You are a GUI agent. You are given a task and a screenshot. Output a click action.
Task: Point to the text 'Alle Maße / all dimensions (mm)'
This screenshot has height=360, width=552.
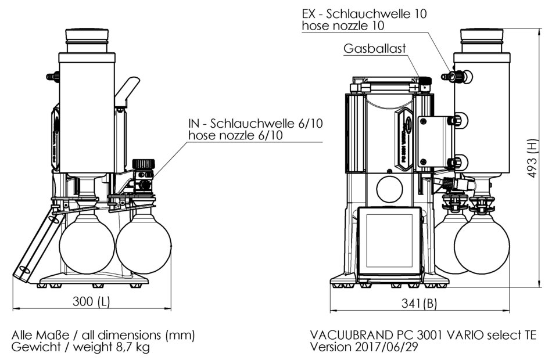[103, 336]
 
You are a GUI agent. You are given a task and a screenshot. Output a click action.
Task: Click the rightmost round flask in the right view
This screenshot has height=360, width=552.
[482, 244]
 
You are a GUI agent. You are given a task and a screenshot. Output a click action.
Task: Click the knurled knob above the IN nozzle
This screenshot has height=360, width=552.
[142, 165]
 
